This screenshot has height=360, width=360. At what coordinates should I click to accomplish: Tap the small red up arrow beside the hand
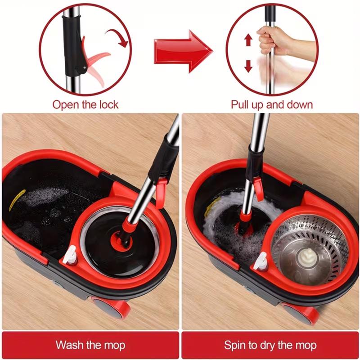(x=247, y=40)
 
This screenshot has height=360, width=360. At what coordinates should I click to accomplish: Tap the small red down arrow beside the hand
(x=247, y=67)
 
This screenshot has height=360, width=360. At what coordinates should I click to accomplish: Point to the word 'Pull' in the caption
(x=240, y=105)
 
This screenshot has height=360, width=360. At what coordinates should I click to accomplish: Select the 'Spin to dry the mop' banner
(x=270, y=345)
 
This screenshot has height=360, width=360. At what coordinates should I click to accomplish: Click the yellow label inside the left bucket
(x=17, y=200)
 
